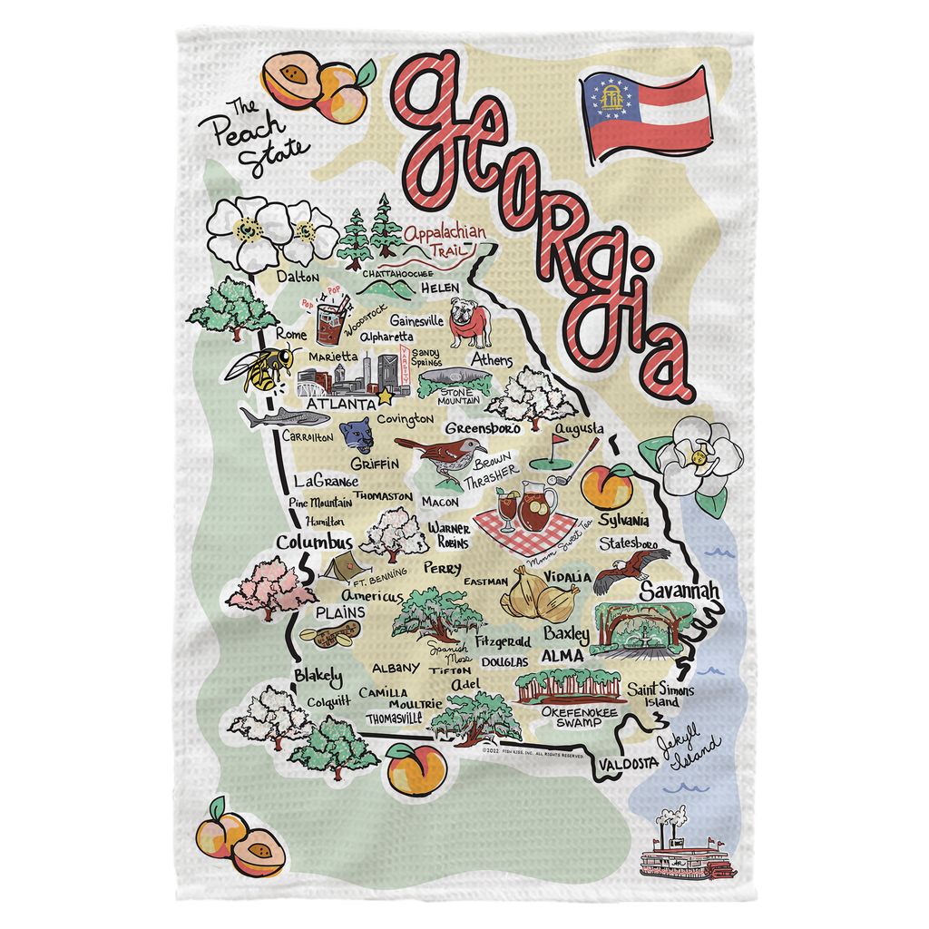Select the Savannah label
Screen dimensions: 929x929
pos(680,591)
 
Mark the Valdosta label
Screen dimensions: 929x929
pos(627,764)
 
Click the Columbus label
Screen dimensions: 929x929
pos(314,543)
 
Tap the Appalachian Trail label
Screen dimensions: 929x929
pos(445,240)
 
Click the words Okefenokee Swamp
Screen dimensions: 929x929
pos(572,718)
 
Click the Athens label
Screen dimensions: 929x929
pos(491,361)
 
